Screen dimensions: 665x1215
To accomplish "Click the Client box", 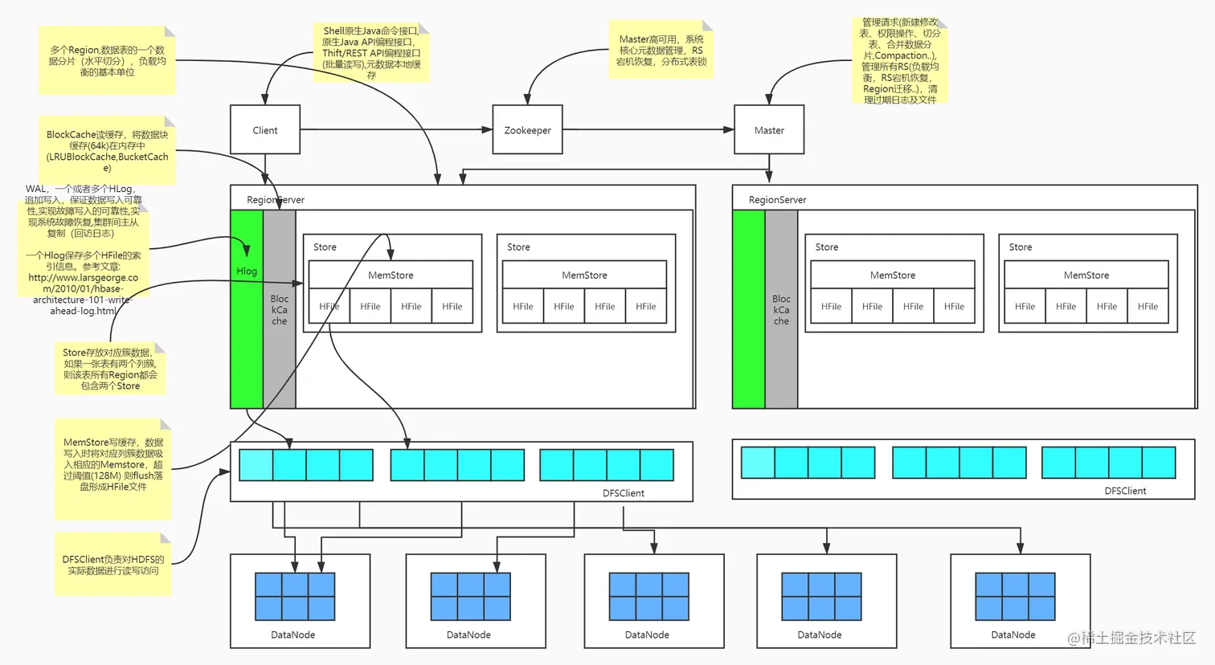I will point(265,129).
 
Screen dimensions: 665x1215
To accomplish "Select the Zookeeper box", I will point(527,129).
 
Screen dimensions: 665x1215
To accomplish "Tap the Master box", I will point(769,129).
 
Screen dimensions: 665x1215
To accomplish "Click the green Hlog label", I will point(247,271).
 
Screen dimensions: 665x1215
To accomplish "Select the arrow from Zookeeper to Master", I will point(648,129).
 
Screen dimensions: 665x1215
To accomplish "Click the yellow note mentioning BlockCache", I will point(107,151).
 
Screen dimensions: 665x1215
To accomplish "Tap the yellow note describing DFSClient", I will point(113,565).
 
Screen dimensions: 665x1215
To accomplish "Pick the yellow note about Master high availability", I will point(661,50).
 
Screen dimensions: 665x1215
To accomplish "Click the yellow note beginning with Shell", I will point(371,52).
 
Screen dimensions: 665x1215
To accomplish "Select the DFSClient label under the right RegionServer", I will point(1125,491).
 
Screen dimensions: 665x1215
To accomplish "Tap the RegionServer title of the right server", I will point(777,199).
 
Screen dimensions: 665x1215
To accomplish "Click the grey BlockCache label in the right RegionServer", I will point(781,309).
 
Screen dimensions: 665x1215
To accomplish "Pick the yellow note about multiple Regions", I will point(107,60).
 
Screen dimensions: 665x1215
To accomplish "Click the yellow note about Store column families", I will point(111,369).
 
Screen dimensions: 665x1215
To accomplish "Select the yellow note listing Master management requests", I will point(900,61).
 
